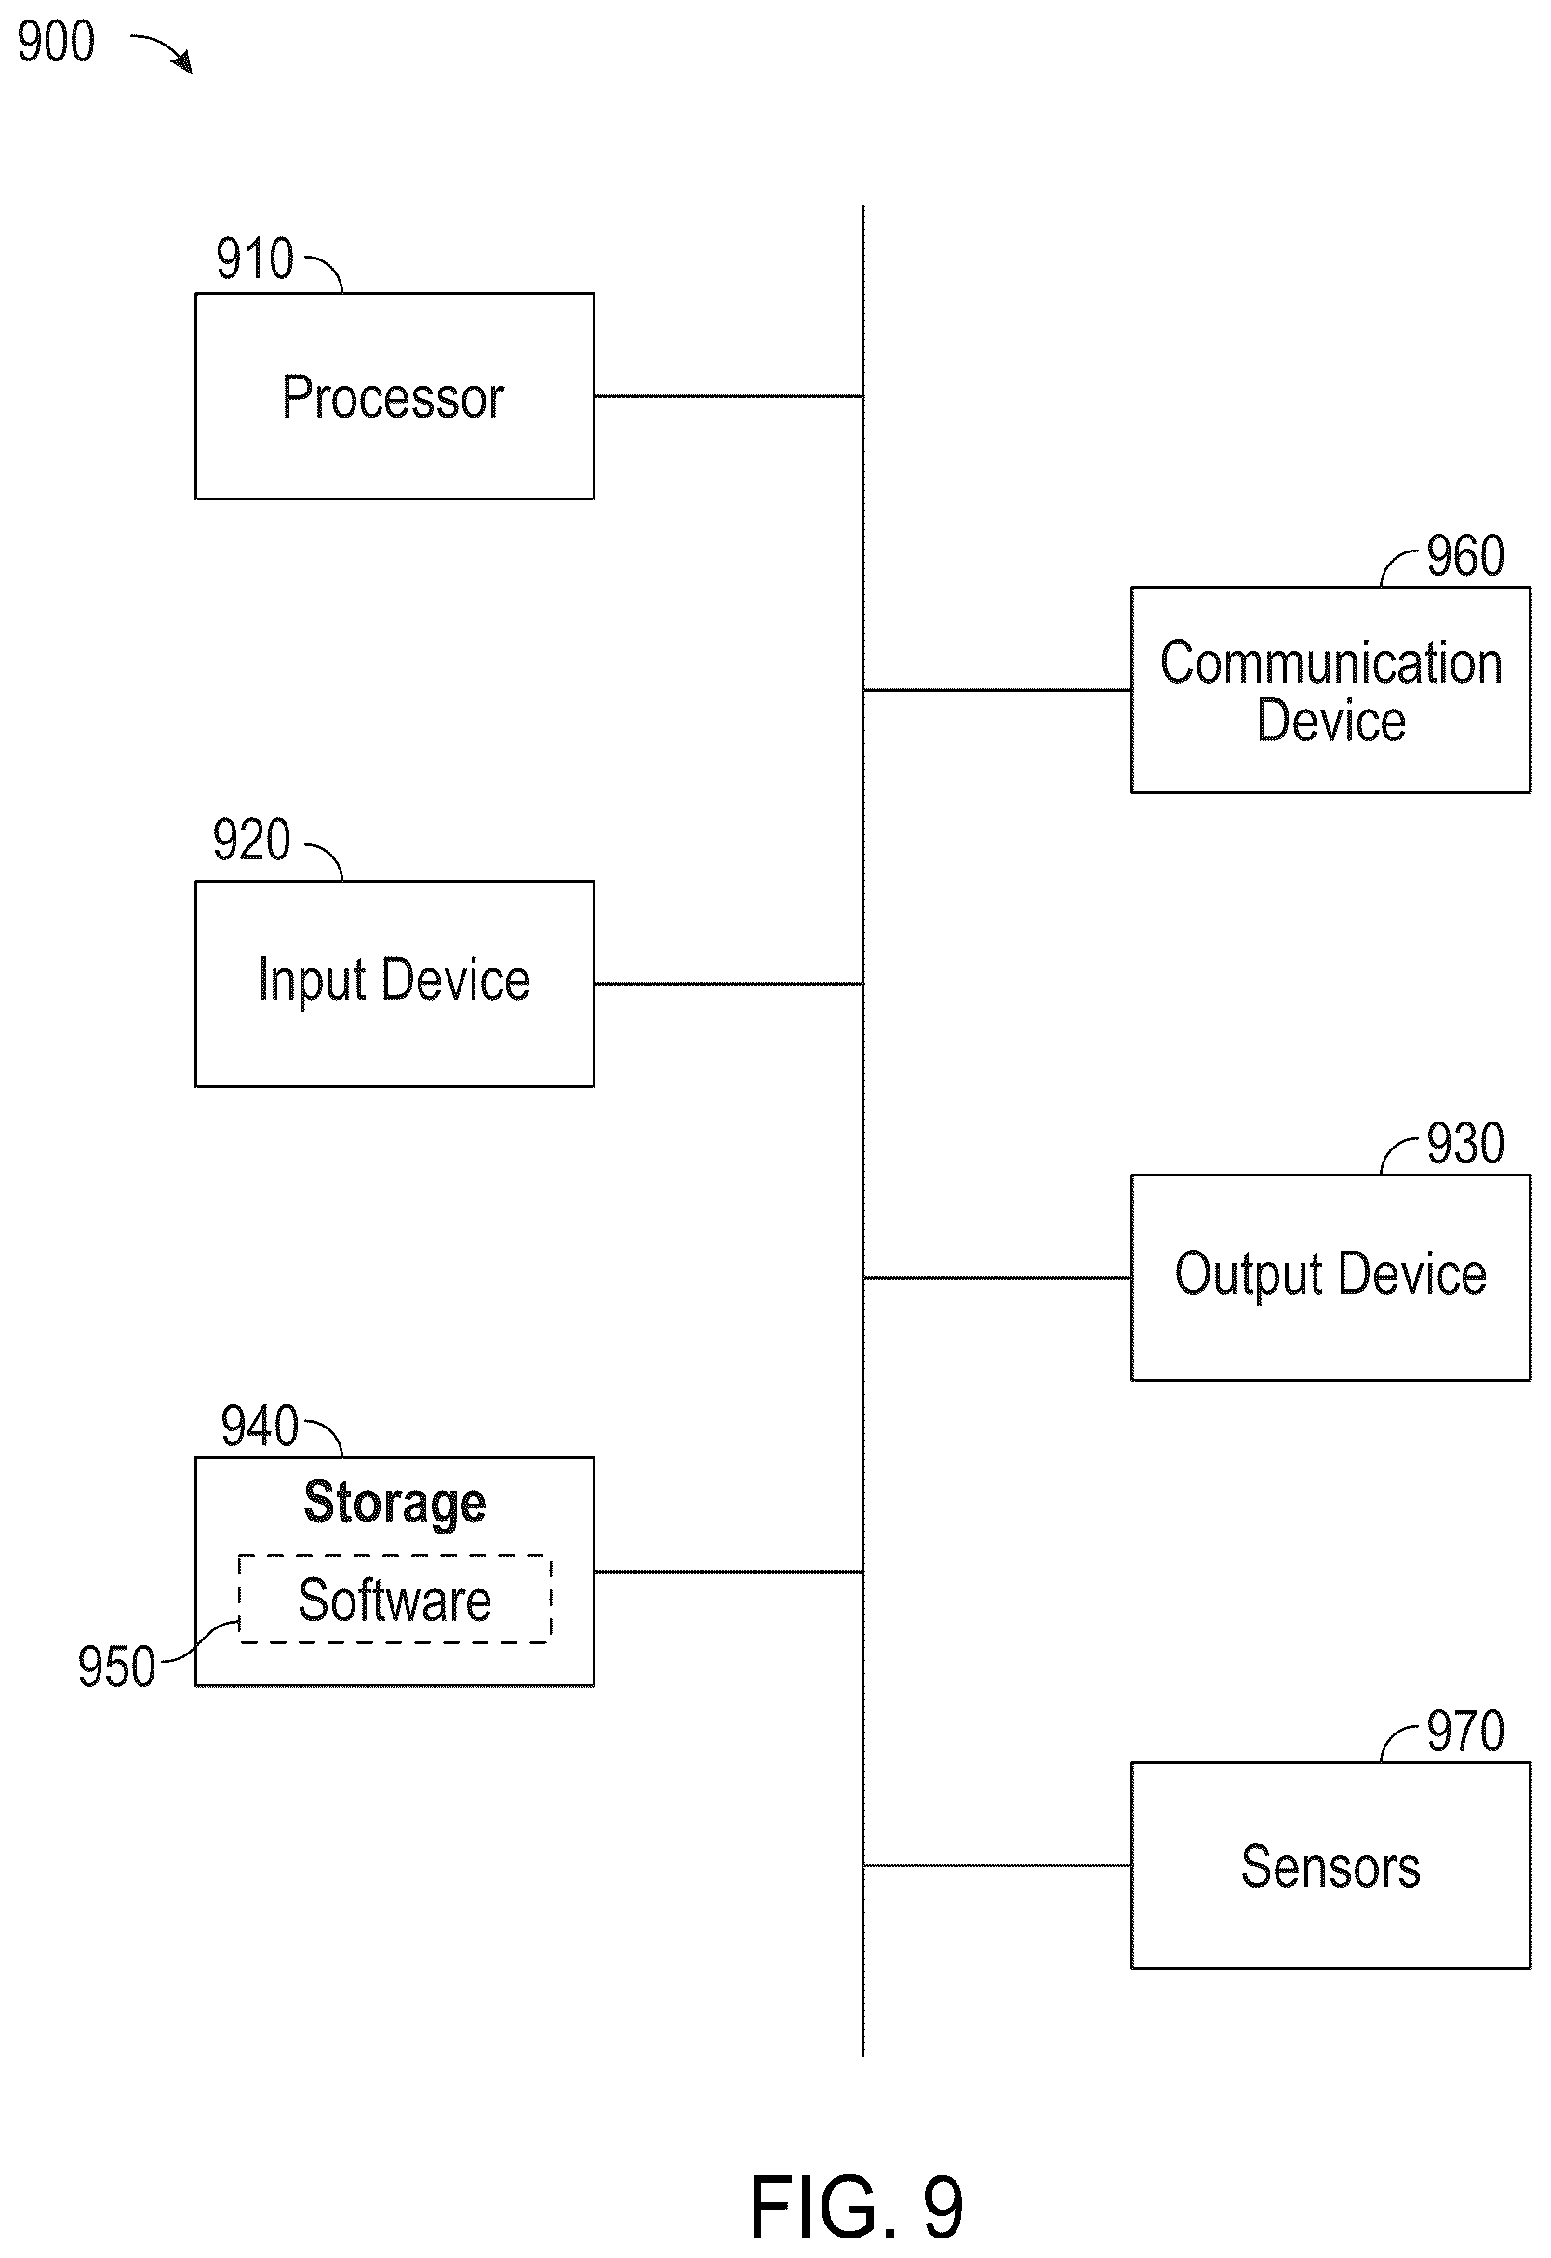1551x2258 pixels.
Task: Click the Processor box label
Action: click(394, 397)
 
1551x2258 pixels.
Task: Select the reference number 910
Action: click(255, 259)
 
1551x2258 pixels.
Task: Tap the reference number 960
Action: click(1465, 556)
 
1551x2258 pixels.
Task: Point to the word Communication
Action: click(1331, 663)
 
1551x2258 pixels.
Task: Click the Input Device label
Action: click(394, 979)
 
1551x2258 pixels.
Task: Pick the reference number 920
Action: click(252, 840)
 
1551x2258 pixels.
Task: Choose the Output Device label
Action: click(1330, 1274)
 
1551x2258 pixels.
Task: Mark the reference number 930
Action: click(1465, 1144)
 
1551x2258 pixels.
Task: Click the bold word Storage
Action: click(394, 1503)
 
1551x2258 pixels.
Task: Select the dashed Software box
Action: click(394, 1600)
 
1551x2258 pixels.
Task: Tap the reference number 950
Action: click(116, 1667)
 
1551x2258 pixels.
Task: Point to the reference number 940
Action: click(260, 1427)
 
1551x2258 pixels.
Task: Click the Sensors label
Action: click(1330, 1866)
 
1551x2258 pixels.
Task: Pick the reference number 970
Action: click(1465, 1731)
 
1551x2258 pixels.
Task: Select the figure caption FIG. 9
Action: click(856, 2208)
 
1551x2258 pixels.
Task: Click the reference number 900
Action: click(57, 42)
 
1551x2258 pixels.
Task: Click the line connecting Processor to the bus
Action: click(729, 396)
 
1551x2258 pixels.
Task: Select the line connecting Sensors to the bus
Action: click(997, 1866)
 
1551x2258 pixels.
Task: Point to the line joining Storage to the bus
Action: click(729, 1572)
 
